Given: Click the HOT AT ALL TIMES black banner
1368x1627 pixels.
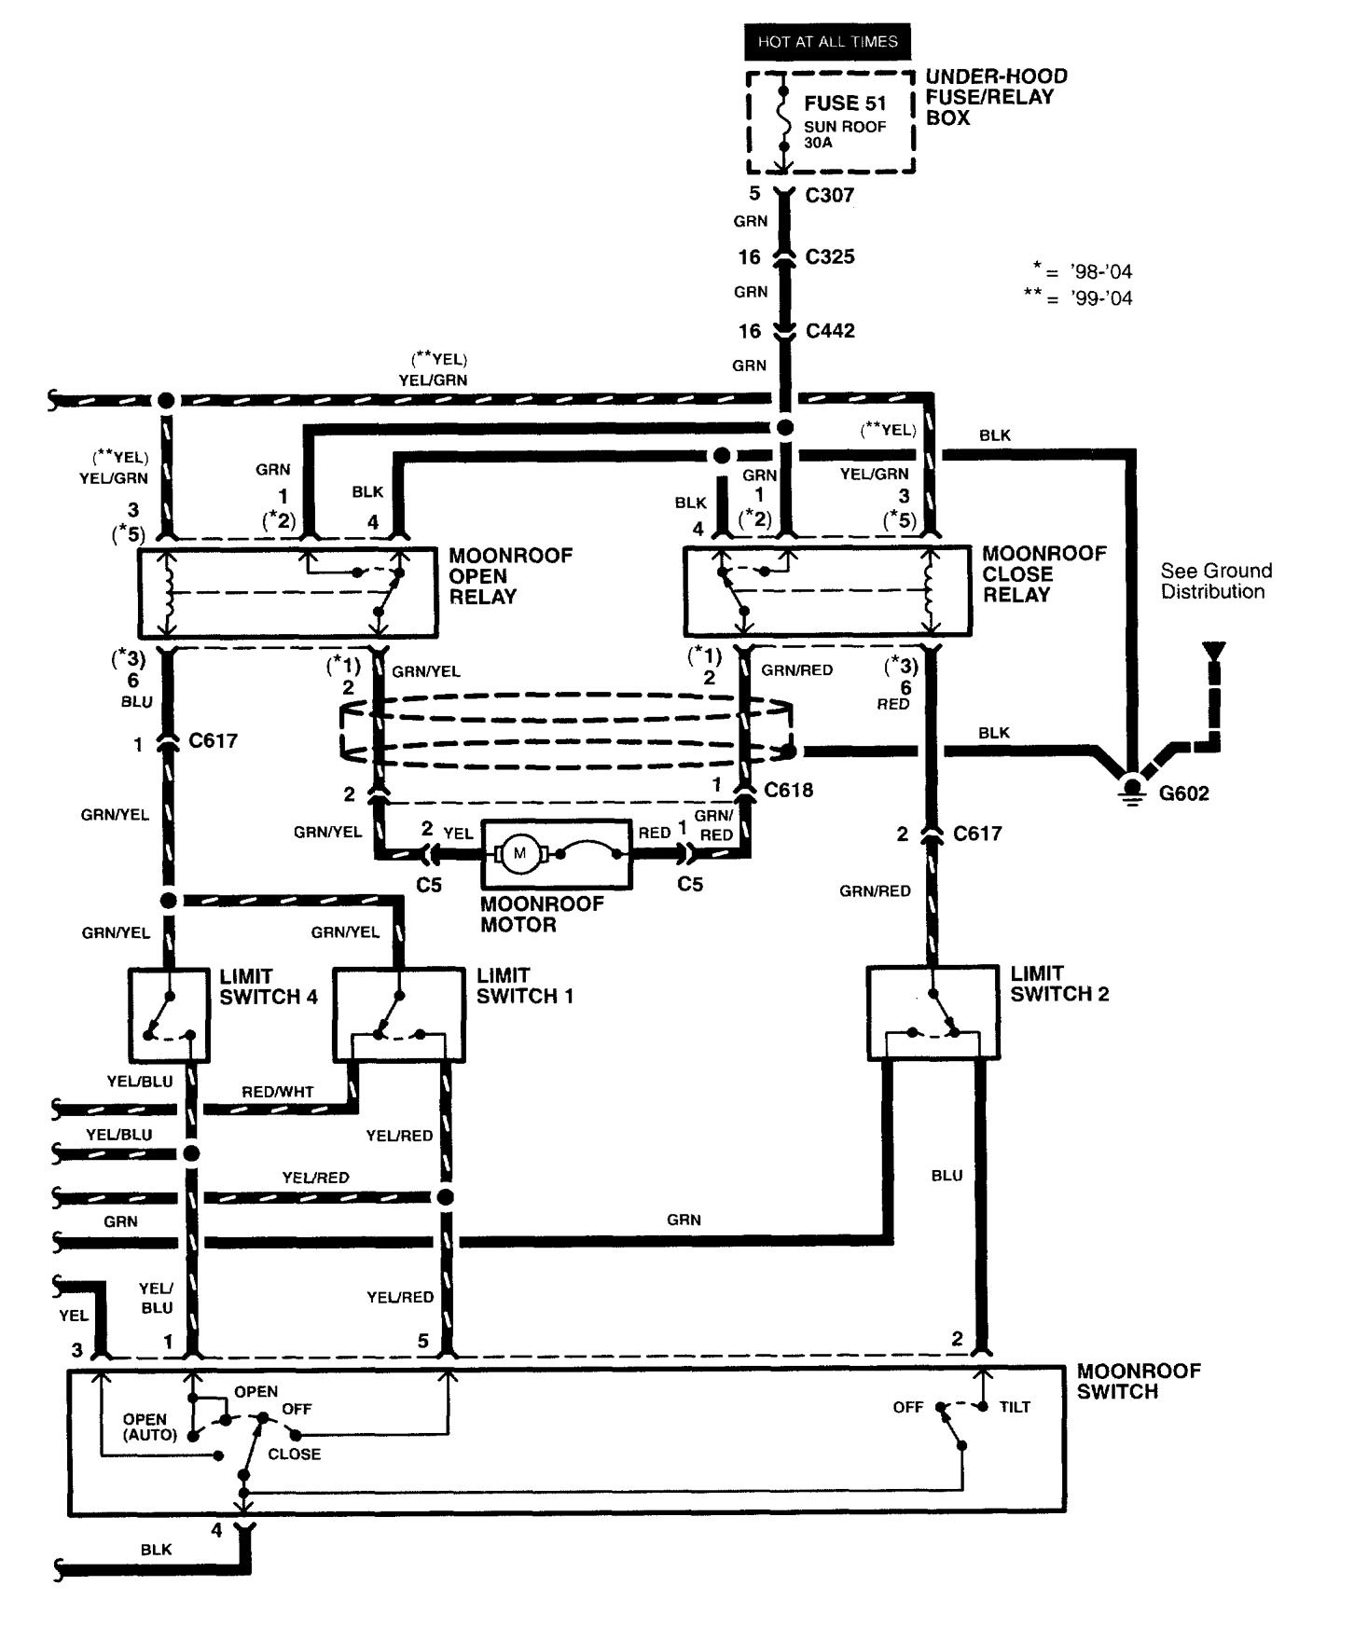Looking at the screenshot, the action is tap(826, 42).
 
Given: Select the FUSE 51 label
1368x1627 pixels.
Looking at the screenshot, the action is tap(845, 103).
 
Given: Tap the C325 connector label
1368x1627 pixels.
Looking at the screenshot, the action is tap(829, 256).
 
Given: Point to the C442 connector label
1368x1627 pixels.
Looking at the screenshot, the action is tap(829, 330).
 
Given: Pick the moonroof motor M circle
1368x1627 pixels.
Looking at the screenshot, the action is tap(519, 853).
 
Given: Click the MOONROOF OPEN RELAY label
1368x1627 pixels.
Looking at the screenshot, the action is tap(510, 575).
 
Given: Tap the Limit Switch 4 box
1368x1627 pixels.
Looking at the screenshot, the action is tap(169, 1015).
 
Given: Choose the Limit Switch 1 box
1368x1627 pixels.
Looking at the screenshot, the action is tap(399, 1015).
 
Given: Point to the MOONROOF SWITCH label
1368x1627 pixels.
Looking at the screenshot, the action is tap(1139, 1381).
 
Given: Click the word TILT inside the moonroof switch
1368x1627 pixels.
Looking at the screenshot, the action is tap(1015, 1407).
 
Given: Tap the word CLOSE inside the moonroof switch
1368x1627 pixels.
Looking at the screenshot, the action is tap(294, 1454).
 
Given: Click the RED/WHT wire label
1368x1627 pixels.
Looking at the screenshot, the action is tap(278, 1091).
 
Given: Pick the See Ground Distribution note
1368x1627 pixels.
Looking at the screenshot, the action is tap(1216, 581).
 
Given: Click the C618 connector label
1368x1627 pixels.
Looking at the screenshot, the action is tap(788, 790).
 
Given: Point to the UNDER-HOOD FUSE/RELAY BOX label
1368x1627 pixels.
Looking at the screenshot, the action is tap(996, 96).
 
